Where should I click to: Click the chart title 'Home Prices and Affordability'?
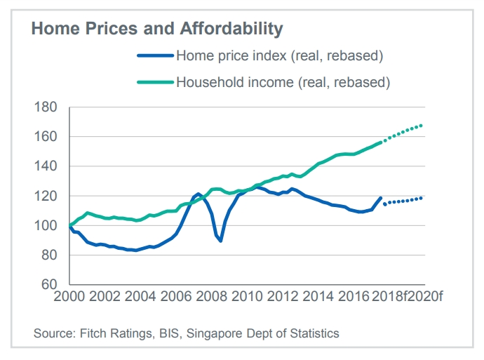157,29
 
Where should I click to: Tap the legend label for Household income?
282,82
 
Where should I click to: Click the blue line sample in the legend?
155,55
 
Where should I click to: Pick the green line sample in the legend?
155,82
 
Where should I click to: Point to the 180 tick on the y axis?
46,107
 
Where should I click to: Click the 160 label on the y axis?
46,137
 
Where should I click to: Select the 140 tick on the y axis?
46,166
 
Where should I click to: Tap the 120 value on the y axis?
46,196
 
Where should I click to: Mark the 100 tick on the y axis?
46,226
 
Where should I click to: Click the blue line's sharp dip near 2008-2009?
220,241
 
